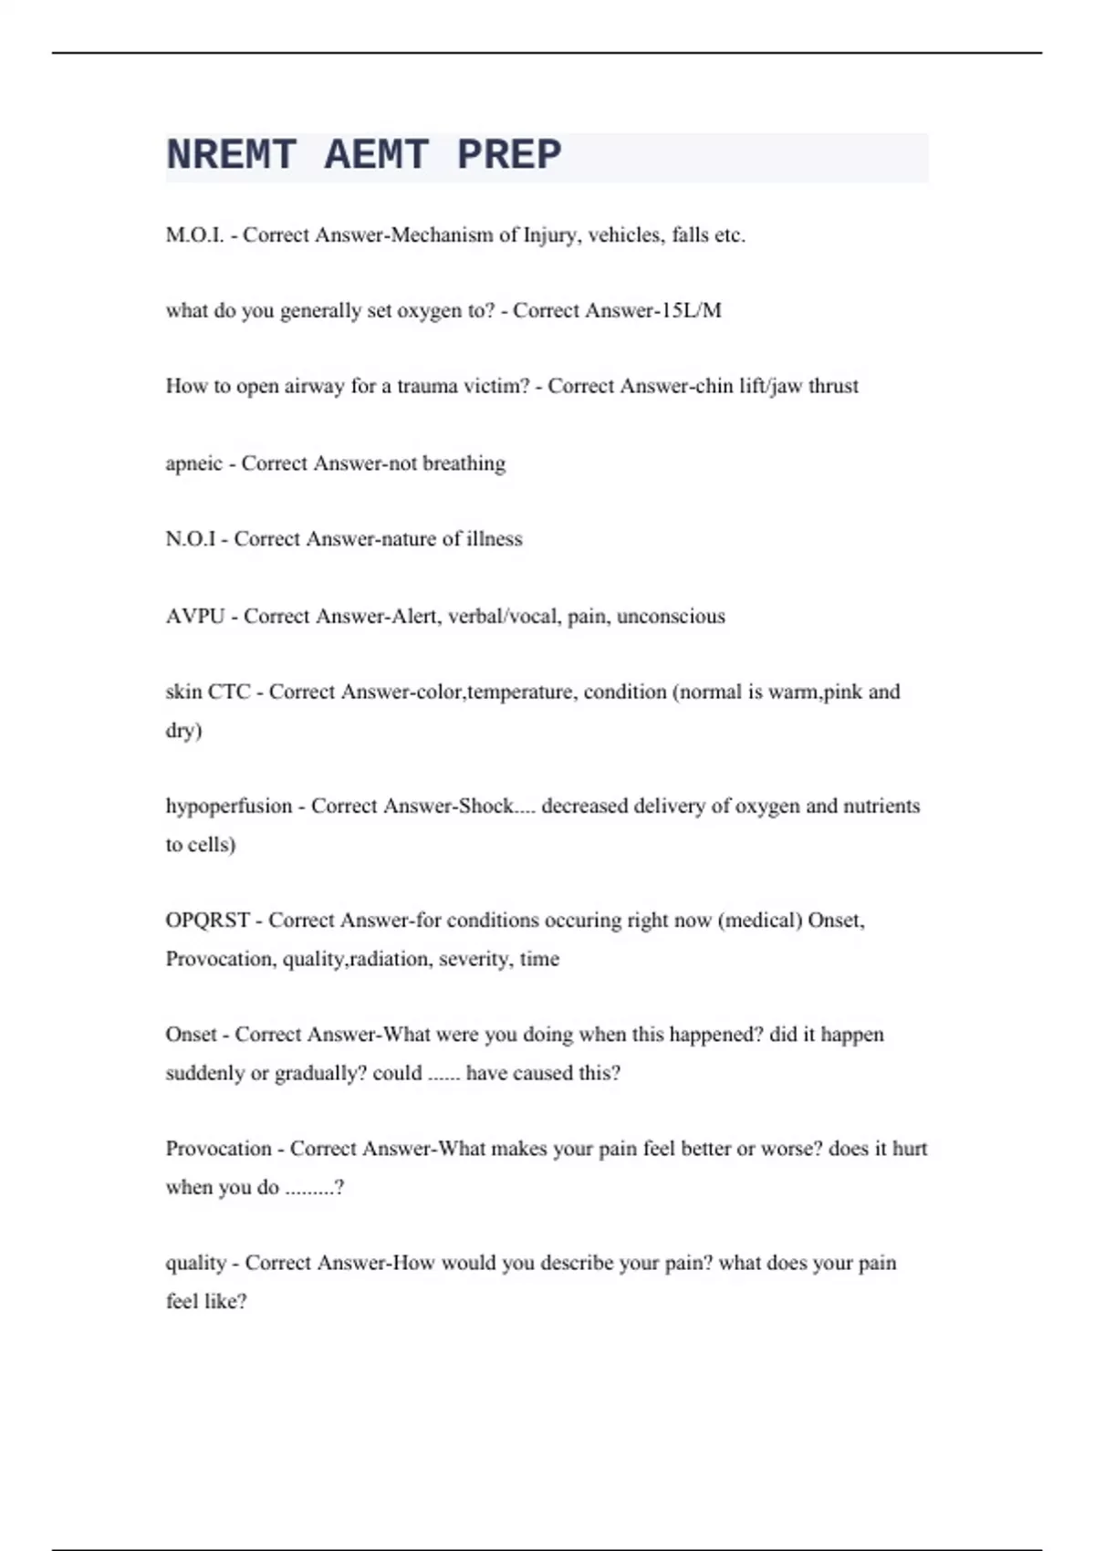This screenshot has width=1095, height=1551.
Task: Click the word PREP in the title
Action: [x=509, y=155]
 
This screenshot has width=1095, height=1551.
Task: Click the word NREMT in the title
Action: [x=231, y=155]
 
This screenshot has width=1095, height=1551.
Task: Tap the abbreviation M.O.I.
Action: [x=194, y=235]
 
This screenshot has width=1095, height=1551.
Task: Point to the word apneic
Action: [x=193, y=463]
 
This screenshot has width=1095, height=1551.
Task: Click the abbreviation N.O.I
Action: [x=191, y=539]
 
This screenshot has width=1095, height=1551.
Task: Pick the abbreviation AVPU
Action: [x=194, y=617]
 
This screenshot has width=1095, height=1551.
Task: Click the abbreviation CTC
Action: [x=229, y=692]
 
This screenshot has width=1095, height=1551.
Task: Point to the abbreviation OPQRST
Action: [x=207, y=921]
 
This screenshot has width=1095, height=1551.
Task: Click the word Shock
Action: [x=485, y=807]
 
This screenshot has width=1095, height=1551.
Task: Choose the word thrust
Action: [x=833, y=387]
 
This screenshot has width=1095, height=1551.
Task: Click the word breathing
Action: [x=464, y=463]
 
